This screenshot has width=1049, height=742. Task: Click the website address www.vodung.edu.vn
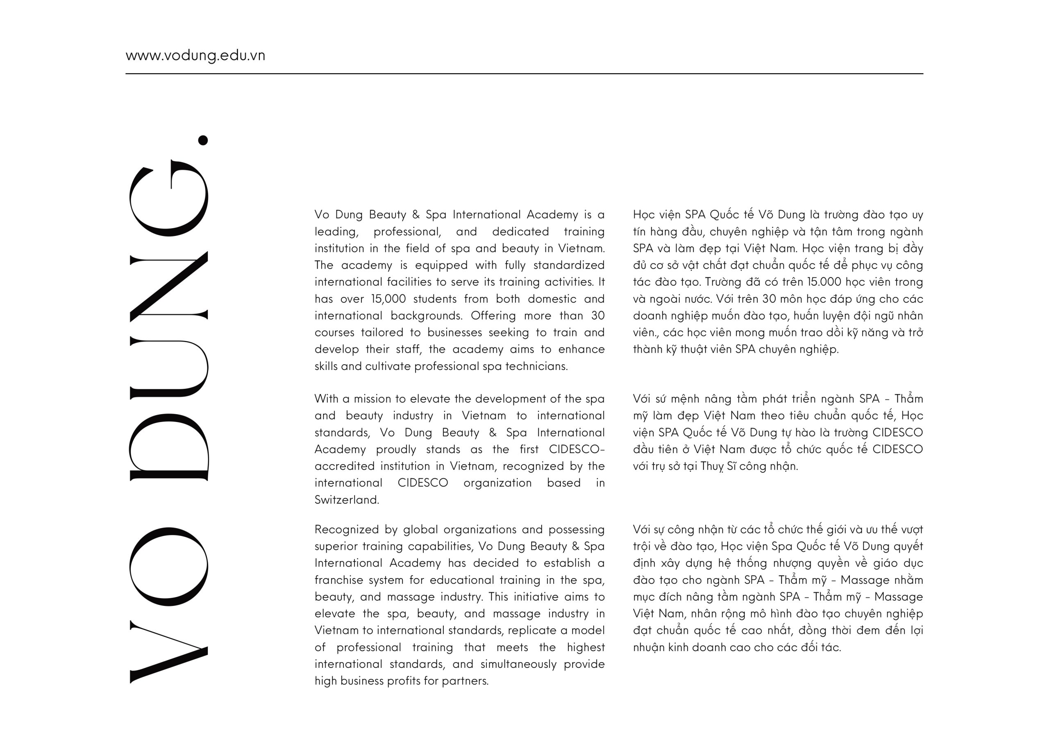[x=195, y=56]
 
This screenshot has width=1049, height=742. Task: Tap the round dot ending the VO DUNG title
[x=203, y=140]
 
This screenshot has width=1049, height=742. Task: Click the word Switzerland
[x=346, y=500]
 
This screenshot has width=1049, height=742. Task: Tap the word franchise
[x=338, y=580]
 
